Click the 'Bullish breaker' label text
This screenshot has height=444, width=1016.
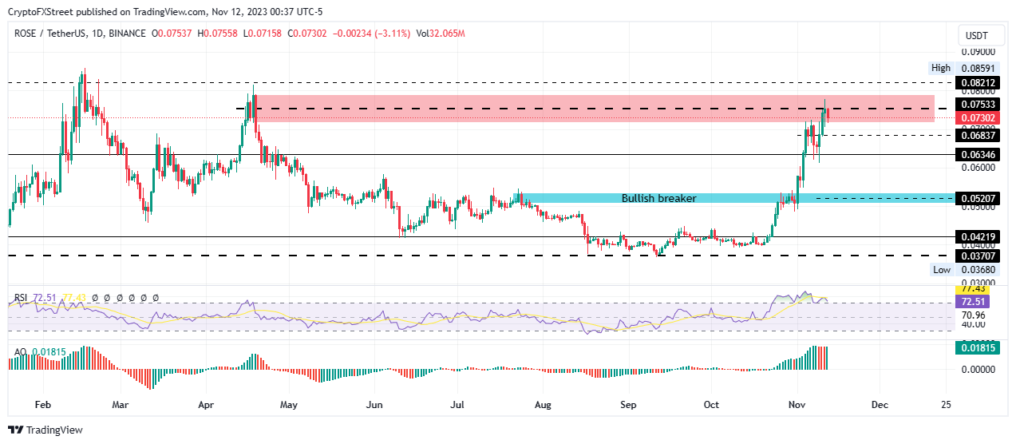coord(658,198)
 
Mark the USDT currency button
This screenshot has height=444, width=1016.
coord(976,36)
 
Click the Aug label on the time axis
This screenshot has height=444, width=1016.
coord(543,405)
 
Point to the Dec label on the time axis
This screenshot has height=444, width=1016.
coord(880,405)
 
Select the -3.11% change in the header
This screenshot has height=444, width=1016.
coord(391,34)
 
